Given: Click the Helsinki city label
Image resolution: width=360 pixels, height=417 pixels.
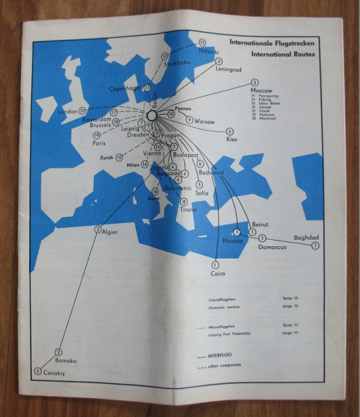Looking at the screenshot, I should (x=209, y=51).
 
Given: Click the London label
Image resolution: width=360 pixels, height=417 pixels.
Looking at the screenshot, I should (x=67, y=111).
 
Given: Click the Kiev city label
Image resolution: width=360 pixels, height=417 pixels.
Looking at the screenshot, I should (x=231, y=139).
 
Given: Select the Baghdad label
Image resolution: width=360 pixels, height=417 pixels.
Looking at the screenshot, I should (x=306, y=237).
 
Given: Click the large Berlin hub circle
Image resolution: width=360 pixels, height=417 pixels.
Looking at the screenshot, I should (x=153, y=115).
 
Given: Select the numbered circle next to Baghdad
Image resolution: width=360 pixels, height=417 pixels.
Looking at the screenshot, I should (x=315, y=246).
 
